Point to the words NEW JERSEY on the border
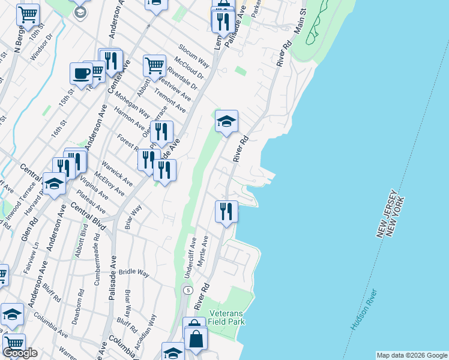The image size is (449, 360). (387, 213)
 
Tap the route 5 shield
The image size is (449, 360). (188, 290)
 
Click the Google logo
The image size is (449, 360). (20, 353)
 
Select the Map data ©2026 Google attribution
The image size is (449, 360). (412, 355)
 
